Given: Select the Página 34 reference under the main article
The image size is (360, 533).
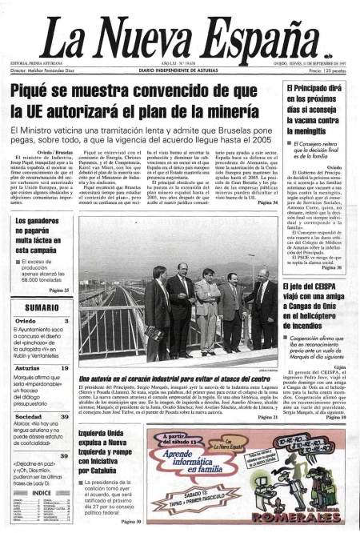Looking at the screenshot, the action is pos(267,204).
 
